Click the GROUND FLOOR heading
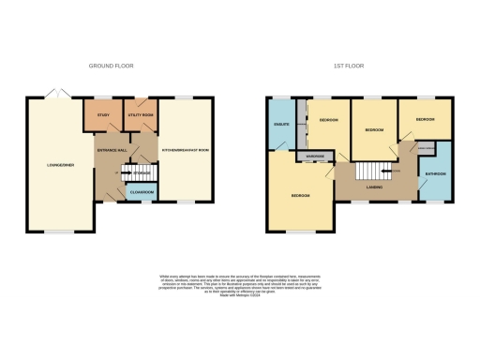click(x=109, y=66)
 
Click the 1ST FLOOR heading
click(x=348, y=66)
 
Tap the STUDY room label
click(x=103, y=116)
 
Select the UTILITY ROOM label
click(x=140, y=116)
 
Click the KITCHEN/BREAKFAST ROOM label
click(x=185, y=150)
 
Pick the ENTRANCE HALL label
click(x=111, y=151)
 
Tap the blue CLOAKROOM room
click(x=141, y=193)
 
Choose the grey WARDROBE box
click(x=310, y=156)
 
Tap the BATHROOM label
click(x=435, y=174)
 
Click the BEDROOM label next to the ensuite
click(x=328, y=121)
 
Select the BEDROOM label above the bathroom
click(x=425, y=120)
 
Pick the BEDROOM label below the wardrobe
click(x=300, y=195)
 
